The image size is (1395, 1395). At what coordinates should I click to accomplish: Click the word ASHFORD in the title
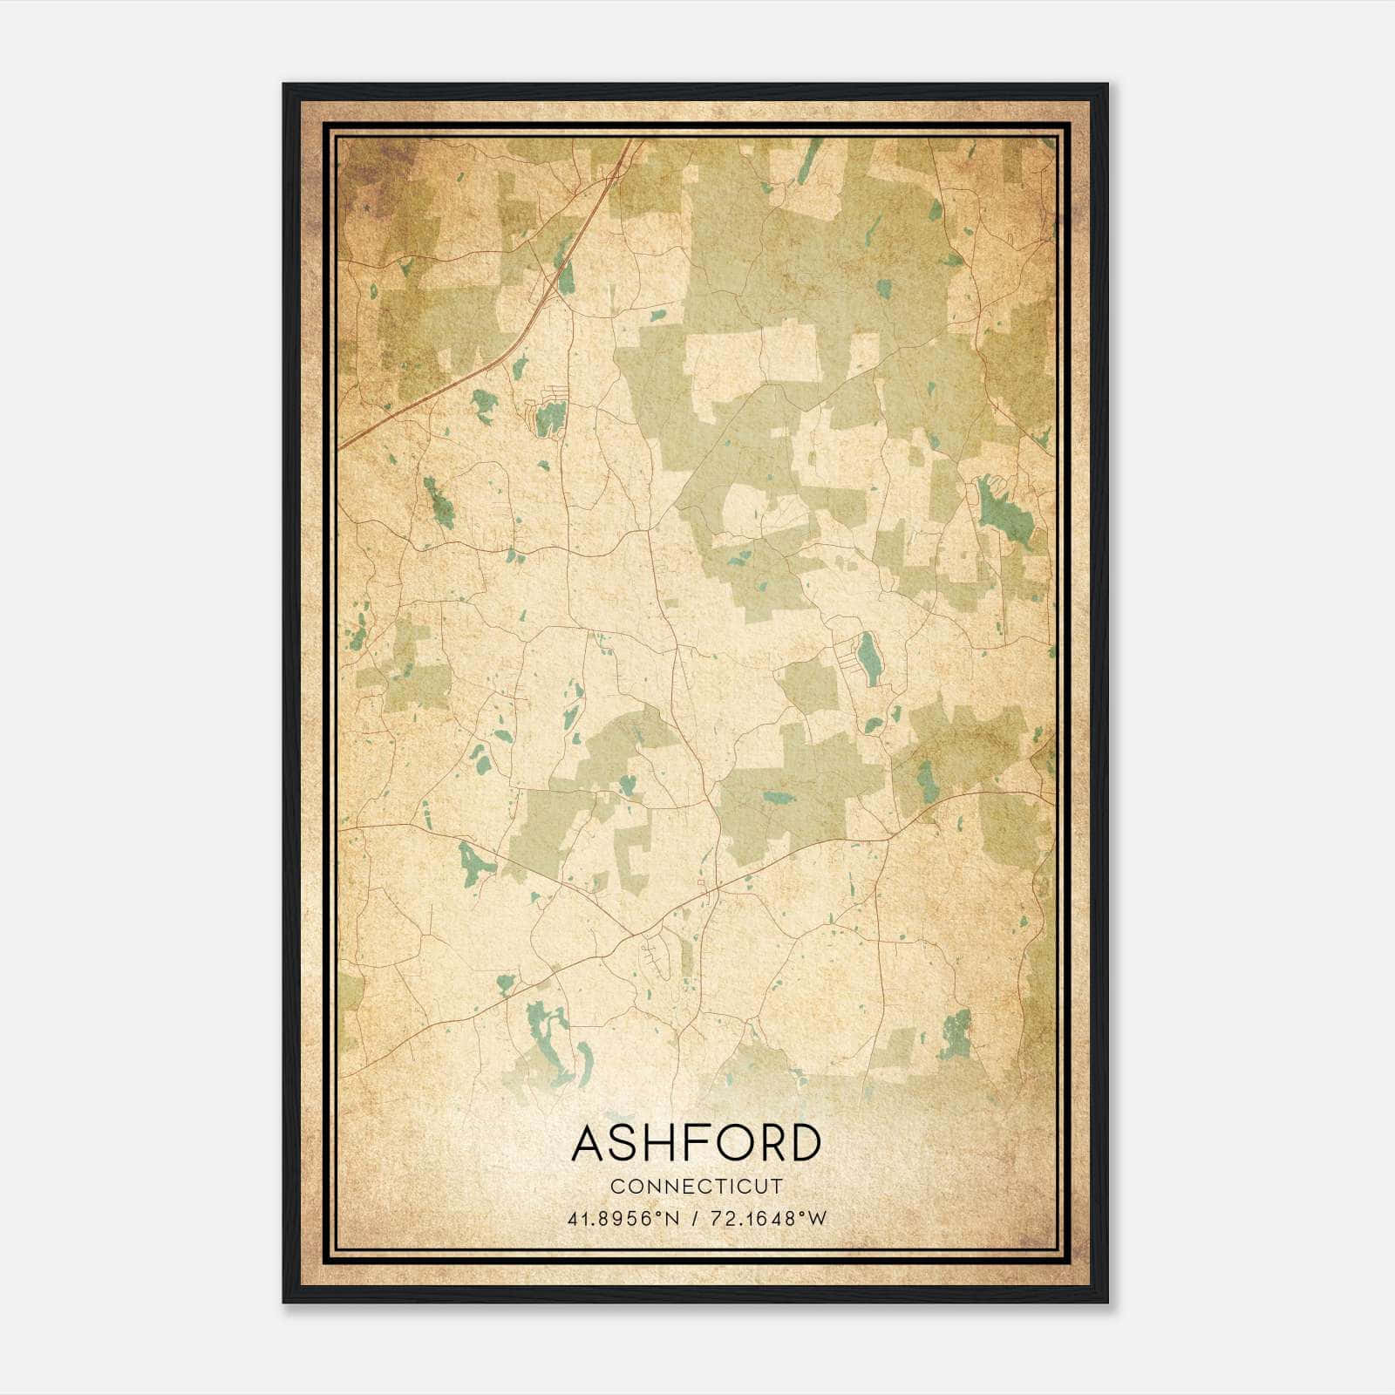(x=696, y=1143)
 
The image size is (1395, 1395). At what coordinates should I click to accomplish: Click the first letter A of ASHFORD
(x=588, y=1143)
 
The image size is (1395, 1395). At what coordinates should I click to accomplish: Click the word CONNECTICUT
(x=696, y=1187)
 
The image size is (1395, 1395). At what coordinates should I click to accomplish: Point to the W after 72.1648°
(x=816, y=1219)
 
